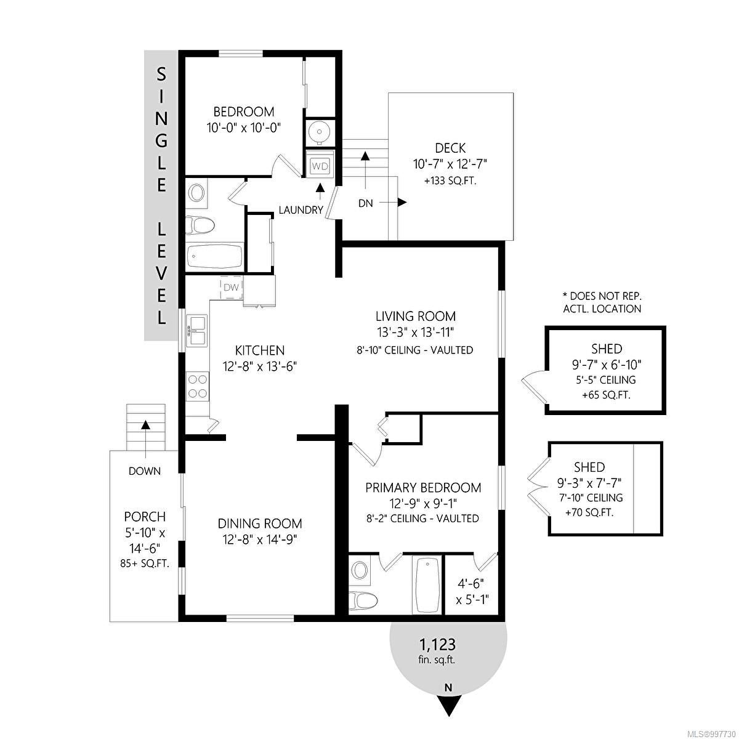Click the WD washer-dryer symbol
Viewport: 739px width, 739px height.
[320, 166]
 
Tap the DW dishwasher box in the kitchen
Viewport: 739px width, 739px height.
[232, 287]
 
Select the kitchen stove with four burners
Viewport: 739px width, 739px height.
[198, 386]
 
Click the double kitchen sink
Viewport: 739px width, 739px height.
[197, 331]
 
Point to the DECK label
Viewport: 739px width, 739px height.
[450, 148]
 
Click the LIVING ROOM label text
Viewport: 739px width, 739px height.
[415, 317]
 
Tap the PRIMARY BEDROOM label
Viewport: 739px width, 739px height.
[423, 488]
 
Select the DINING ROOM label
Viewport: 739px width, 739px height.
[260, 523]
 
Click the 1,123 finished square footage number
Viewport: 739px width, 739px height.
[437, 645]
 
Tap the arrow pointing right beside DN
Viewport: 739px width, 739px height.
[394, 202]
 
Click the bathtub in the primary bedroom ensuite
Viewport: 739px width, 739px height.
[427, 586]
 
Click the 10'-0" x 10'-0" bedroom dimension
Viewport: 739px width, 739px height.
[244, 127]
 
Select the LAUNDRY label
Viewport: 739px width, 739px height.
[301, 210]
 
